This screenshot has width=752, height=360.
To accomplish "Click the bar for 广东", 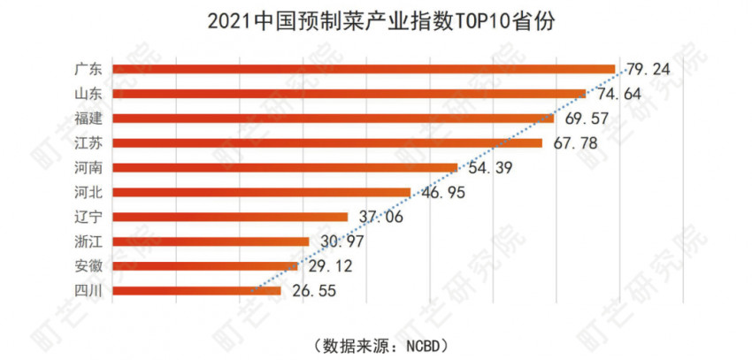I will pos(363,69).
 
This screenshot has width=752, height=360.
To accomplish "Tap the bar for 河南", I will pos(285,167).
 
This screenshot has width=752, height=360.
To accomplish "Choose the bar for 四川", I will pos(196,290).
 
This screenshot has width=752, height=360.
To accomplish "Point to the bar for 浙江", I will pos(211,241).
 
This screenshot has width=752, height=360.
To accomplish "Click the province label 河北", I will pos(88,192).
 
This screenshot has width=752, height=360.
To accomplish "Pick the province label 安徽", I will pos(88,265).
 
